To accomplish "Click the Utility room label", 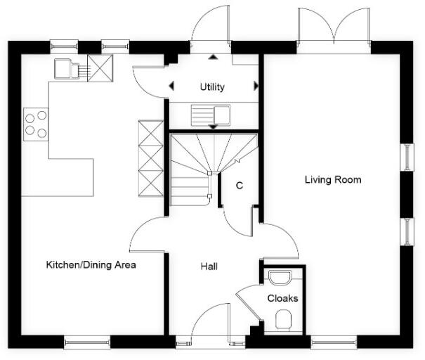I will (x=211, y=87).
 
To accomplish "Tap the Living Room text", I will (x=332, y=180).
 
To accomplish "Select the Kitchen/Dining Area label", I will (x=91, y=265).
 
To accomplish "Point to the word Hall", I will (x=209, y=267).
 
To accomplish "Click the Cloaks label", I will (x=282, y=298).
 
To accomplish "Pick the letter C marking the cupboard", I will (x=239, y=186).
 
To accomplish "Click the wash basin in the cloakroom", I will (x=280, y=276).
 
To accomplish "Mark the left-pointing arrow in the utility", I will (x=171, y=86).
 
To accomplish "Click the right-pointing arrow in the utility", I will (x=256, y=86).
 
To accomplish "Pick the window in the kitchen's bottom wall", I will (x=86, y=343).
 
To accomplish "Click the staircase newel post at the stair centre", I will (x=209, y=172).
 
